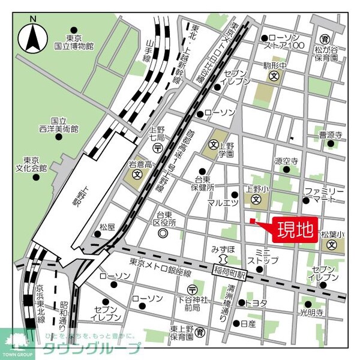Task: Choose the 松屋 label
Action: point(107,227)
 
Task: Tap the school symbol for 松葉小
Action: point(332,244)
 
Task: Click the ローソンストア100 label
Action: point(287,41)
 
